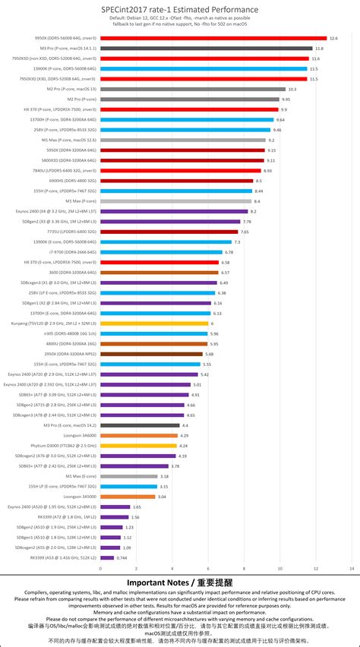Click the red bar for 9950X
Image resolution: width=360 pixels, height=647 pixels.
coord(213,37)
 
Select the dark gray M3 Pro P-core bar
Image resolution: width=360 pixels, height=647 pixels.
coord(205,48)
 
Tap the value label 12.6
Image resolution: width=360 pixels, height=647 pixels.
coord(333,37)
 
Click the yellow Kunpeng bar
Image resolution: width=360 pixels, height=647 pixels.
coord(153,323)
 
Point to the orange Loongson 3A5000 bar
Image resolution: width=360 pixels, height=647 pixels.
coord(127,497)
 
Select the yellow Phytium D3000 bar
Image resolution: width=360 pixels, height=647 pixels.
coord(137,446)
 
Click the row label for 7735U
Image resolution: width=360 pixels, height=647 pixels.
coord(72,231)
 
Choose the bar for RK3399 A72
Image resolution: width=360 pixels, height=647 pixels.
coord(113,516)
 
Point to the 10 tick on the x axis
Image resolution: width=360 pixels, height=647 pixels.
coord(279,567)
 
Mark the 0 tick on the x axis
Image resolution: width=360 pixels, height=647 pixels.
coord(99,567)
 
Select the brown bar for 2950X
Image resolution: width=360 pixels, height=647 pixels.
coord(150,354)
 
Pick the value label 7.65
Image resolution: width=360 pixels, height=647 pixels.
coord(245,231)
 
